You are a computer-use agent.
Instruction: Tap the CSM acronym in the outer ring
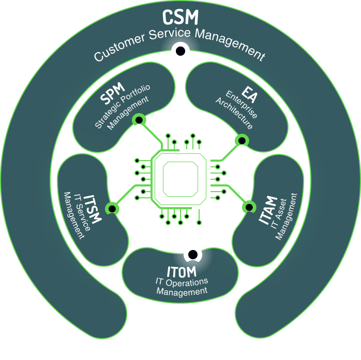pyautogui.click(x=180, y=17)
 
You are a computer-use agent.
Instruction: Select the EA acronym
pyautogui.click(x=247, y=96)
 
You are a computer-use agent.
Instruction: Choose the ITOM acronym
pyautogui.click(x=181, y=271)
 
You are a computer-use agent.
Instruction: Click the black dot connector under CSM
pyautogui.click(x=180, y=51)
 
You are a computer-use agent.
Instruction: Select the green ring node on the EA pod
pyautogui.click(x=240, y=140)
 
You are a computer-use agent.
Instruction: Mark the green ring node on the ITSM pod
pyautogui.click(x=111, y=209)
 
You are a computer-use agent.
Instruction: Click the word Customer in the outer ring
pyautogui.click(x=118, y=48)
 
